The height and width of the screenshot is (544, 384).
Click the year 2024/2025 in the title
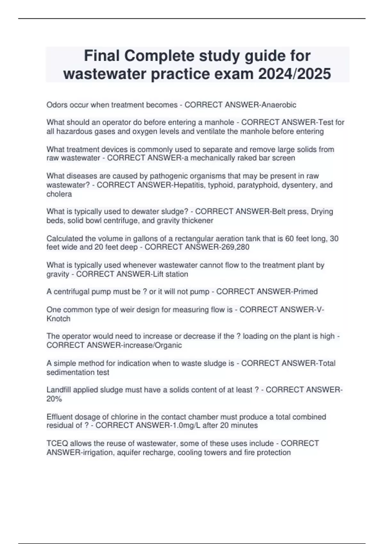point(294,74)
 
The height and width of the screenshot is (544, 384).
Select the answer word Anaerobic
point(279,105)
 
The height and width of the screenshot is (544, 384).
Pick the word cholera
point(59,194)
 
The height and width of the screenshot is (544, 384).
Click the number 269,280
point(235,247)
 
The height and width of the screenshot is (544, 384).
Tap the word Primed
point(305,292)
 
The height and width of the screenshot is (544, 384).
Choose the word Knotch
point(58,319)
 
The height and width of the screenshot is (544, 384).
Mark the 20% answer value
point(54,399)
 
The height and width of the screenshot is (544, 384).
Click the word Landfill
point(58,390)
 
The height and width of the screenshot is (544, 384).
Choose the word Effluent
point(59,417)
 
